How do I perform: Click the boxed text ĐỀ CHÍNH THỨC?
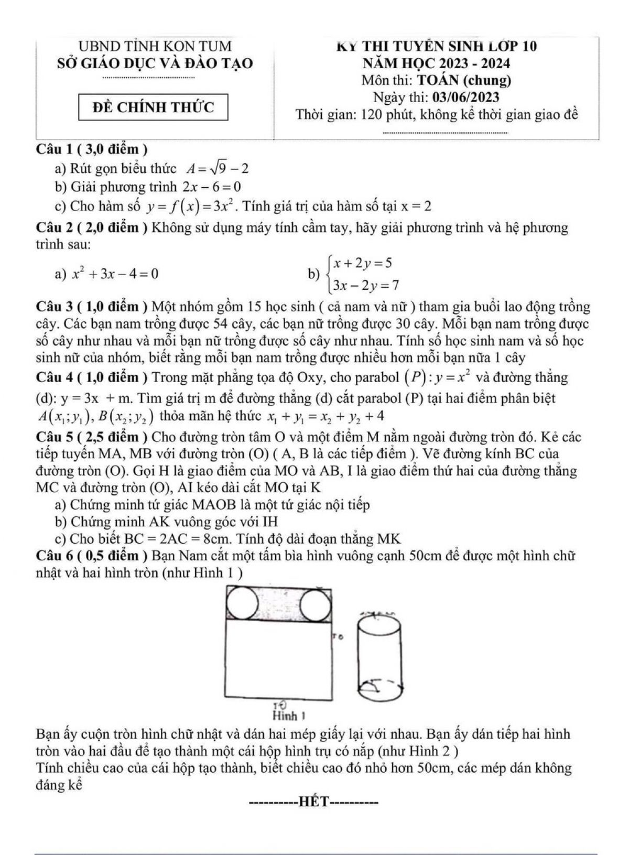click(153, 107)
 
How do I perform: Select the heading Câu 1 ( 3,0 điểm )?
click(92, 149)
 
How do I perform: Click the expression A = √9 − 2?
click(217, 169)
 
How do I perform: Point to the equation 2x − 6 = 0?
click(212, 187)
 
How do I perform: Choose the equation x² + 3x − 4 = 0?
click(115, 273)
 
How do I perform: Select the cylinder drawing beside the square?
click(380, 656)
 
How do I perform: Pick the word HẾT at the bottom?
click(313, 802)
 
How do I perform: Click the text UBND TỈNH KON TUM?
click(155, 46)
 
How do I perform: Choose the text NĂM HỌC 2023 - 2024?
click(436, 63)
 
